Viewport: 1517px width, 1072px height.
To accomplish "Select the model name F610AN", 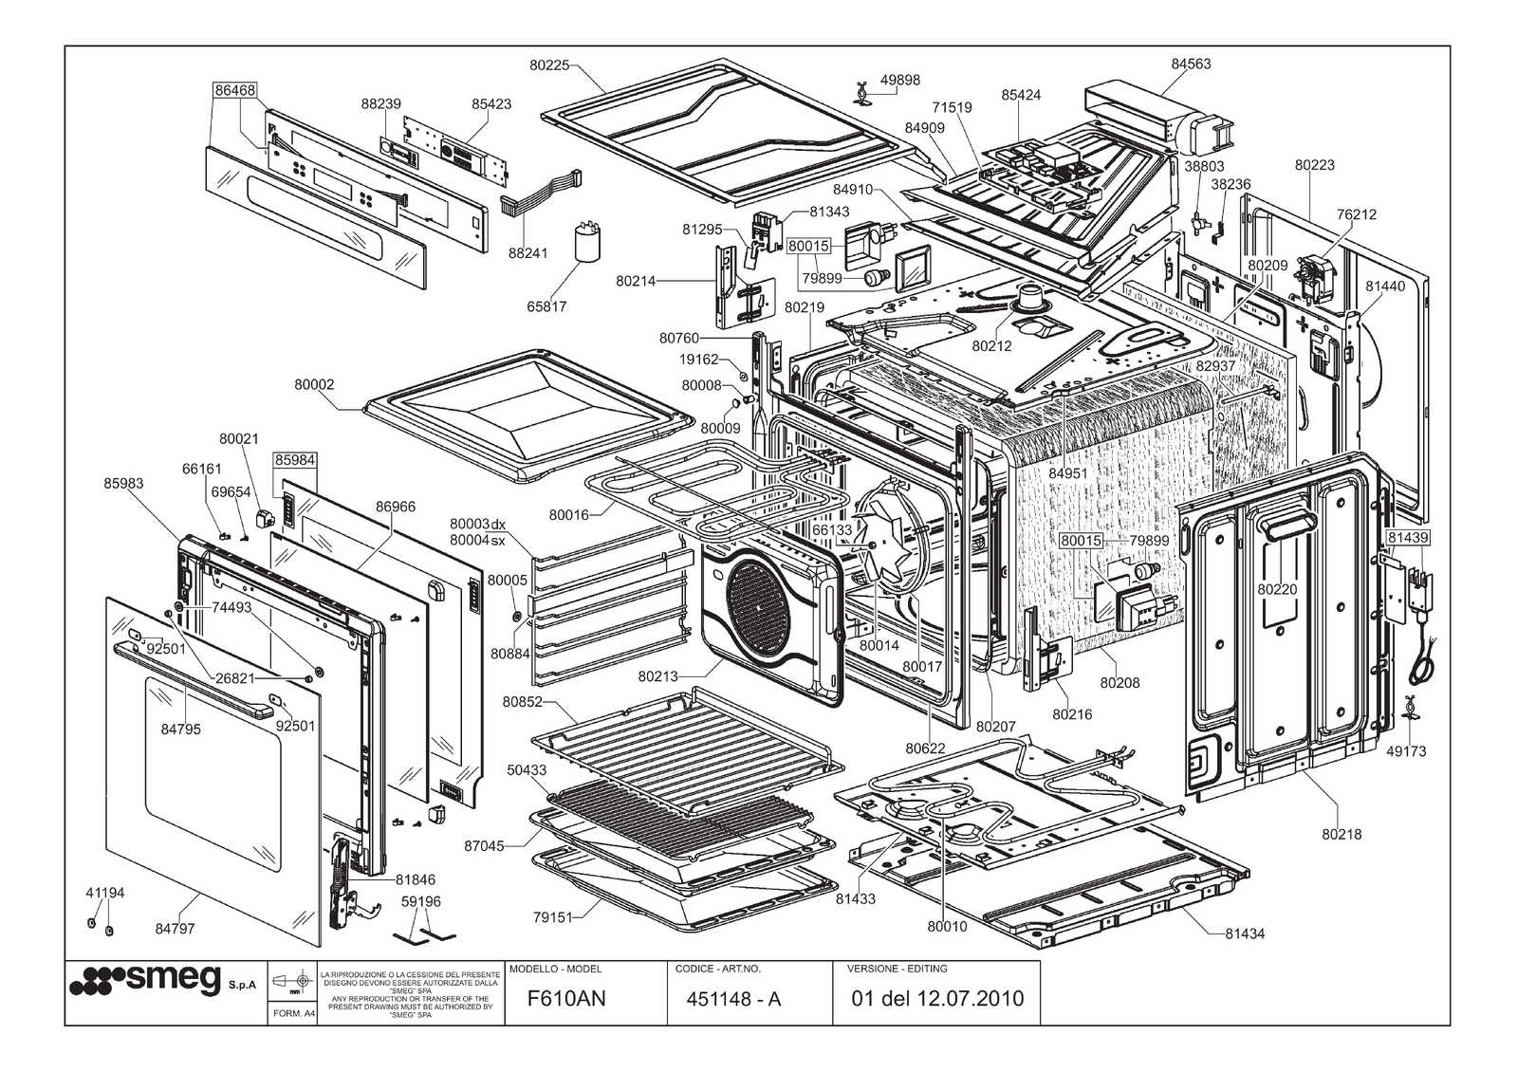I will pos(566,998).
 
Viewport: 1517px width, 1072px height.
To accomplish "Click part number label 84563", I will pos(1191,65).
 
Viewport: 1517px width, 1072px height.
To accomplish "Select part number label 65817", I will pos(546,306).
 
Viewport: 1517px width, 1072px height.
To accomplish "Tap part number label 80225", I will pos(549,65).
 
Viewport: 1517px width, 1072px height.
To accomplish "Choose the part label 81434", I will pos(1244,933).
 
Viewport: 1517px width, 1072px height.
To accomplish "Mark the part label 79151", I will pos(552,917).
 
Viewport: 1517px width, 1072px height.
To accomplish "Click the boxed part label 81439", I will pos(1408,537).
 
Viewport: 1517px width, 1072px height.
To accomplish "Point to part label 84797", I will pos(175,929).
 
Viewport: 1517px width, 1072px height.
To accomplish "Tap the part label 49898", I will pos(899,81).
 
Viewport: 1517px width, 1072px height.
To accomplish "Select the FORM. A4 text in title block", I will pos(293,1013).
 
